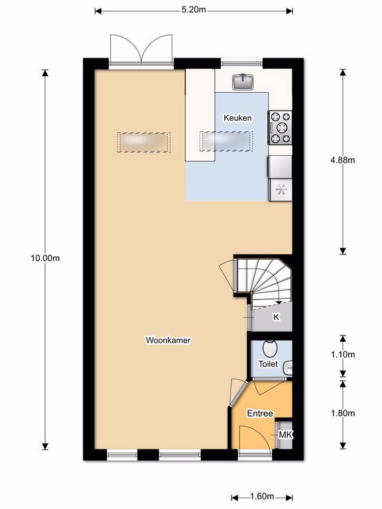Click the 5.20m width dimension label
(x=194, y=10)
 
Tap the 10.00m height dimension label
(x=45, y=258)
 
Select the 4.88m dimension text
(x=343, y=160)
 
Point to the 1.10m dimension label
(x=343, y=355)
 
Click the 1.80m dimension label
(x=343, y=414)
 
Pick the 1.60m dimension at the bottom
(x=262, y=496)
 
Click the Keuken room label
(x=237, y=118)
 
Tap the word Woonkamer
(x=168, y=340)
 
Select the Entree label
(x=260, y=414)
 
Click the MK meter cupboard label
(x=286, y=435)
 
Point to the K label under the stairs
(x=276, y=317)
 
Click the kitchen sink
(x=243, y=82)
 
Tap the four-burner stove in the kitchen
(x=280, y=127)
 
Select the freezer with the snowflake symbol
(x=281, y=190)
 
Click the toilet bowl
(x=270, y=349)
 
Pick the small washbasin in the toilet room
(x=288, y=368)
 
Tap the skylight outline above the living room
(x=143, y=142)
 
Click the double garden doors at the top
(x=141, y=48)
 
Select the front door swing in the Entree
(x=255, y=437)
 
